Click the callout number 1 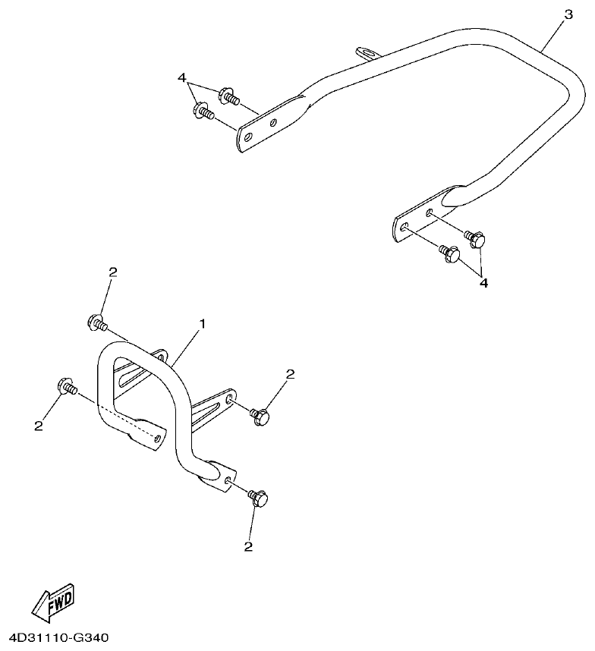point(203,324)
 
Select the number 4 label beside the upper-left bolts point(182,78)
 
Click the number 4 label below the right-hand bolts point(483,282)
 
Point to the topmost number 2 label point(112,272)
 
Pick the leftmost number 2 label point(39,426)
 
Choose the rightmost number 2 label point(289,374)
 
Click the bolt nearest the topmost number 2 point(98,323)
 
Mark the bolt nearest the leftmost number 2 point(66,386)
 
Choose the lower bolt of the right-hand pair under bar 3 point(451,254)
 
